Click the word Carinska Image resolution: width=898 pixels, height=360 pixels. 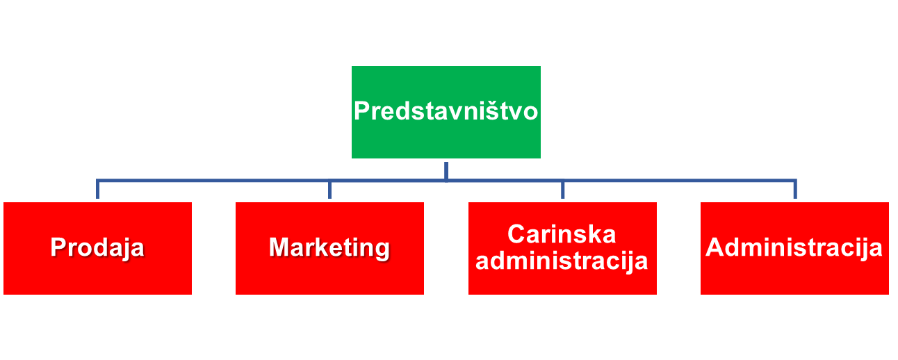562,234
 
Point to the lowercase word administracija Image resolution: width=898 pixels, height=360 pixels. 562,261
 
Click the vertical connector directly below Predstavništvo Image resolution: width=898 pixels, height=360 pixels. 446,170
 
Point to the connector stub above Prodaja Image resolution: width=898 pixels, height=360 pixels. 97,190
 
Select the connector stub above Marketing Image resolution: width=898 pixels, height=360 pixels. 329,190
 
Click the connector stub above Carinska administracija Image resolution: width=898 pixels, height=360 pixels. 562,190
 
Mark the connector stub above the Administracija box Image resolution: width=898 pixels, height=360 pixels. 795,190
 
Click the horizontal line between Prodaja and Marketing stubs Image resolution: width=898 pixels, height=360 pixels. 213,181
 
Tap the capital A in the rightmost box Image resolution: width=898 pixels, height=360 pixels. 715,248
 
